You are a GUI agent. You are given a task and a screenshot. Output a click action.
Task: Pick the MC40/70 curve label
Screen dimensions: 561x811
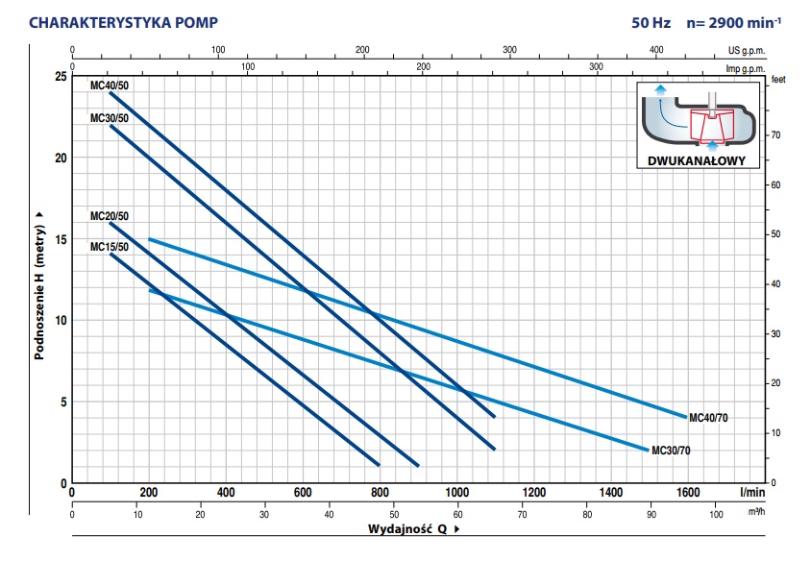tap(709, 417)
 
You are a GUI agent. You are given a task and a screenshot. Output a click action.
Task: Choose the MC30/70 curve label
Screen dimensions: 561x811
tap(671, 450)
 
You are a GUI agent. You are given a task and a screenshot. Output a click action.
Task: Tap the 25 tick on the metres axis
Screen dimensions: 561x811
tap(60, 76)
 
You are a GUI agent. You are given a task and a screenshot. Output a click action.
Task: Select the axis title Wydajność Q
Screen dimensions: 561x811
tap(407, 529)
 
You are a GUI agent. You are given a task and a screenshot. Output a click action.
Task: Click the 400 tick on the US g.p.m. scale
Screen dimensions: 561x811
tap(657, 50)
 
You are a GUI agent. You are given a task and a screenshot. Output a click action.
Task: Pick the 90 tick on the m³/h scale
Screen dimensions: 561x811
tap(651, 514)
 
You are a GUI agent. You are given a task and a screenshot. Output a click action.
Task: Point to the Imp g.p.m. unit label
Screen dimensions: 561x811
tap(746, 67)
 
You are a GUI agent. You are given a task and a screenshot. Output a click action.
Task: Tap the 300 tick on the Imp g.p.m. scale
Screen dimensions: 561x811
tap(596, 67)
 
